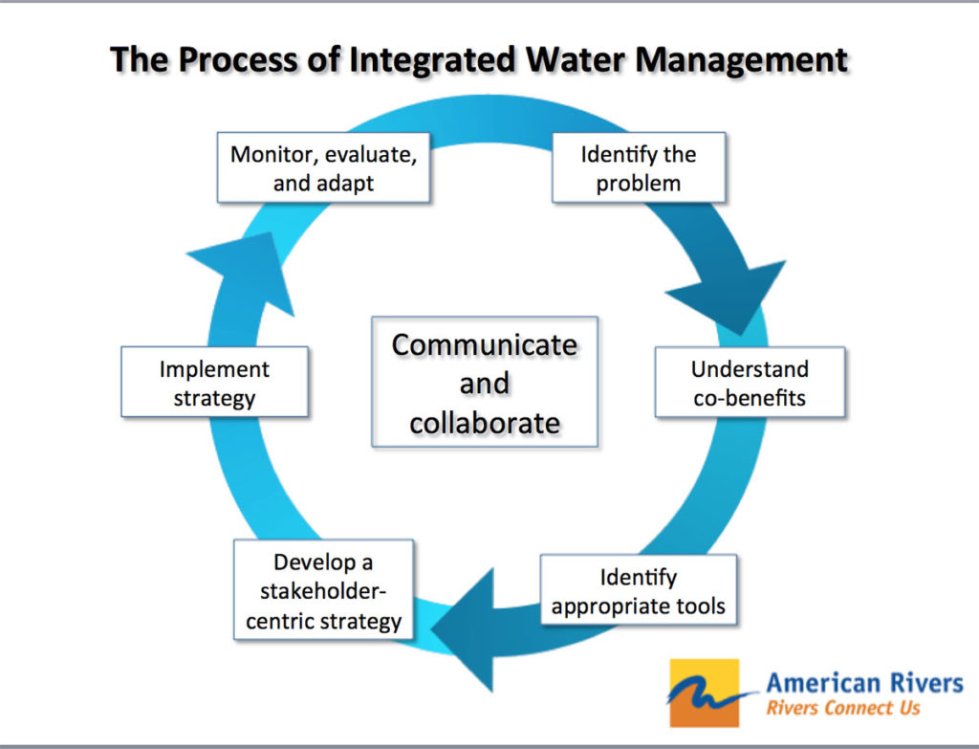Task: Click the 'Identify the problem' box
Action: (x=639, y=168)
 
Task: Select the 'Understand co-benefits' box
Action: (x=750, y=383)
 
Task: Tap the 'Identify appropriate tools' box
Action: (x=638, y=592)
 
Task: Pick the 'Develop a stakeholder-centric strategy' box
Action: (x=323, y=592)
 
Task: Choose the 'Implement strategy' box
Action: (x=214, y=383)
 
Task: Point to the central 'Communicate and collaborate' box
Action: (x=484, y=383)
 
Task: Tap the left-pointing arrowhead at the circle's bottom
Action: (x=468, y=628)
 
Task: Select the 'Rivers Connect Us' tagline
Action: (x=843, y=708)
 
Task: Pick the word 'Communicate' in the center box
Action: (x=484, y=344)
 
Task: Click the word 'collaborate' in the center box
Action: (x=484, y=422)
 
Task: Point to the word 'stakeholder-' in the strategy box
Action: (x=323, y=592)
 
